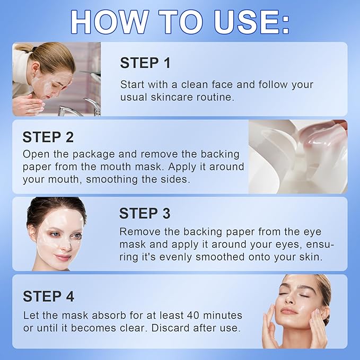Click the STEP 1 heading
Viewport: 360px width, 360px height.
coord(145,63)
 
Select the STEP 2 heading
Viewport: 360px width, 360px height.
coord(48,137)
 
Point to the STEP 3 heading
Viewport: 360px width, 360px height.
coord(145,213)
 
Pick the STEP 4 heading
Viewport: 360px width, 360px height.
coord(48,296)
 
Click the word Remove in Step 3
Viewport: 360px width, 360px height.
coord(139,232)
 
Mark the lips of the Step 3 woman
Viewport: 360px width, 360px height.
coord(62,257)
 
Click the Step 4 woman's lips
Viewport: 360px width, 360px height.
coord(289,310)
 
